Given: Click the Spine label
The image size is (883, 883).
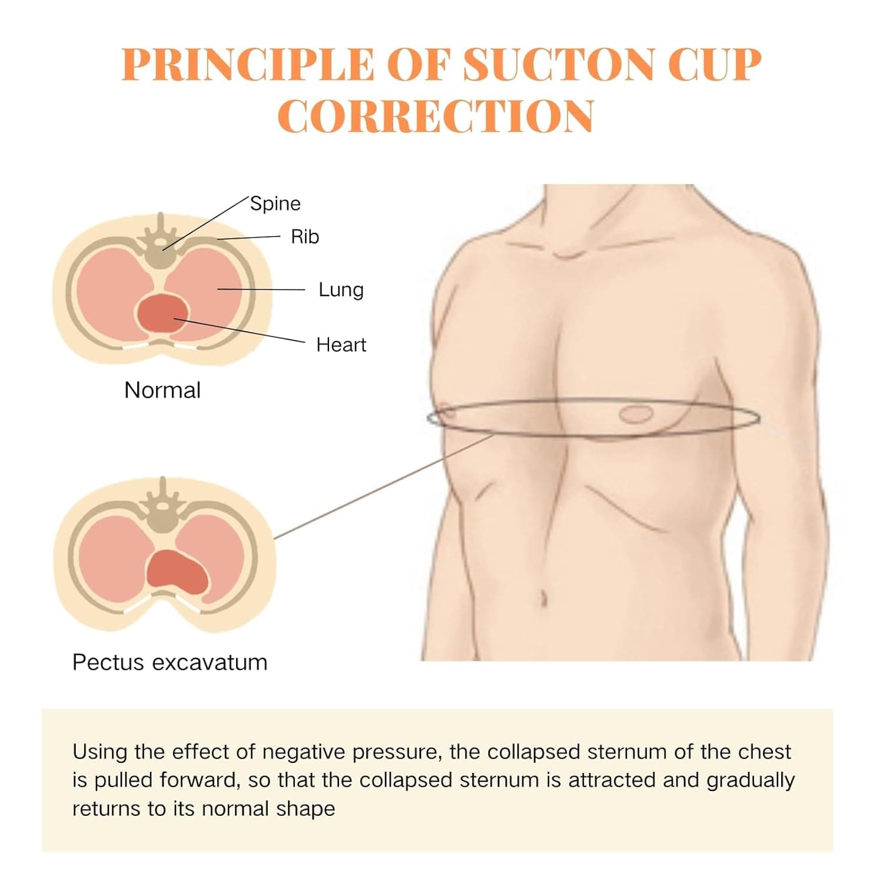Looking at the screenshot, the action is click(275, 204).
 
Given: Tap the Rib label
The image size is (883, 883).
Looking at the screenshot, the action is click(305, 237).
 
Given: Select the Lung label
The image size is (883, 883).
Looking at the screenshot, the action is click(341, 290).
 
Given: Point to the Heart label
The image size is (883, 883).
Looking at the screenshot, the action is click(341, 344).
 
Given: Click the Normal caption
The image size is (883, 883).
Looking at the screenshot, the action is click(162, 390).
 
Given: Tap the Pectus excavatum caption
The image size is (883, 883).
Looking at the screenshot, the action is click(170, 662).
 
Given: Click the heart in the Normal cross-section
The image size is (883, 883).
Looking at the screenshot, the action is click(162, 313).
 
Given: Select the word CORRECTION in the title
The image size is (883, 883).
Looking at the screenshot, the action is click(436, 116).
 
